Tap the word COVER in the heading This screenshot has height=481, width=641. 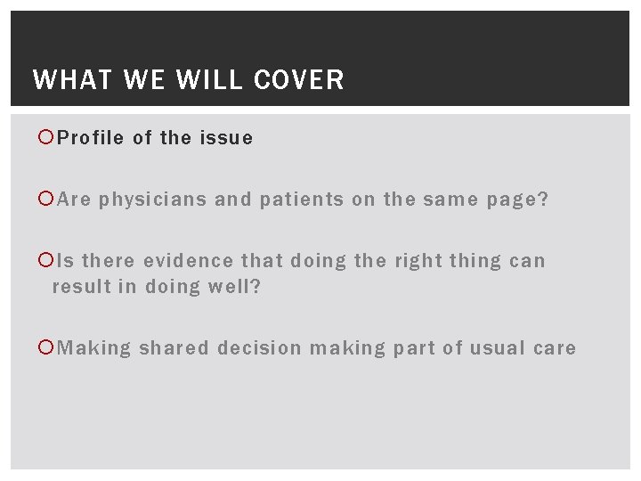tap(298, 80)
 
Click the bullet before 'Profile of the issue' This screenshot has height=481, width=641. tap(48, 138)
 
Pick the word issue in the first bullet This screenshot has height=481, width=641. tap(226, 138)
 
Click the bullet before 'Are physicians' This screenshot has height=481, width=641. tap(48, 200)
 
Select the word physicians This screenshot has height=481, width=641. tap(153, 200)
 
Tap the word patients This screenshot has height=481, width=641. tap(302, 200)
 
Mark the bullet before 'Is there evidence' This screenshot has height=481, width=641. tap(48, 261)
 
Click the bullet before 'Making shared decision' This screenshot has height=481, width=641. tap(48, 347)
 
